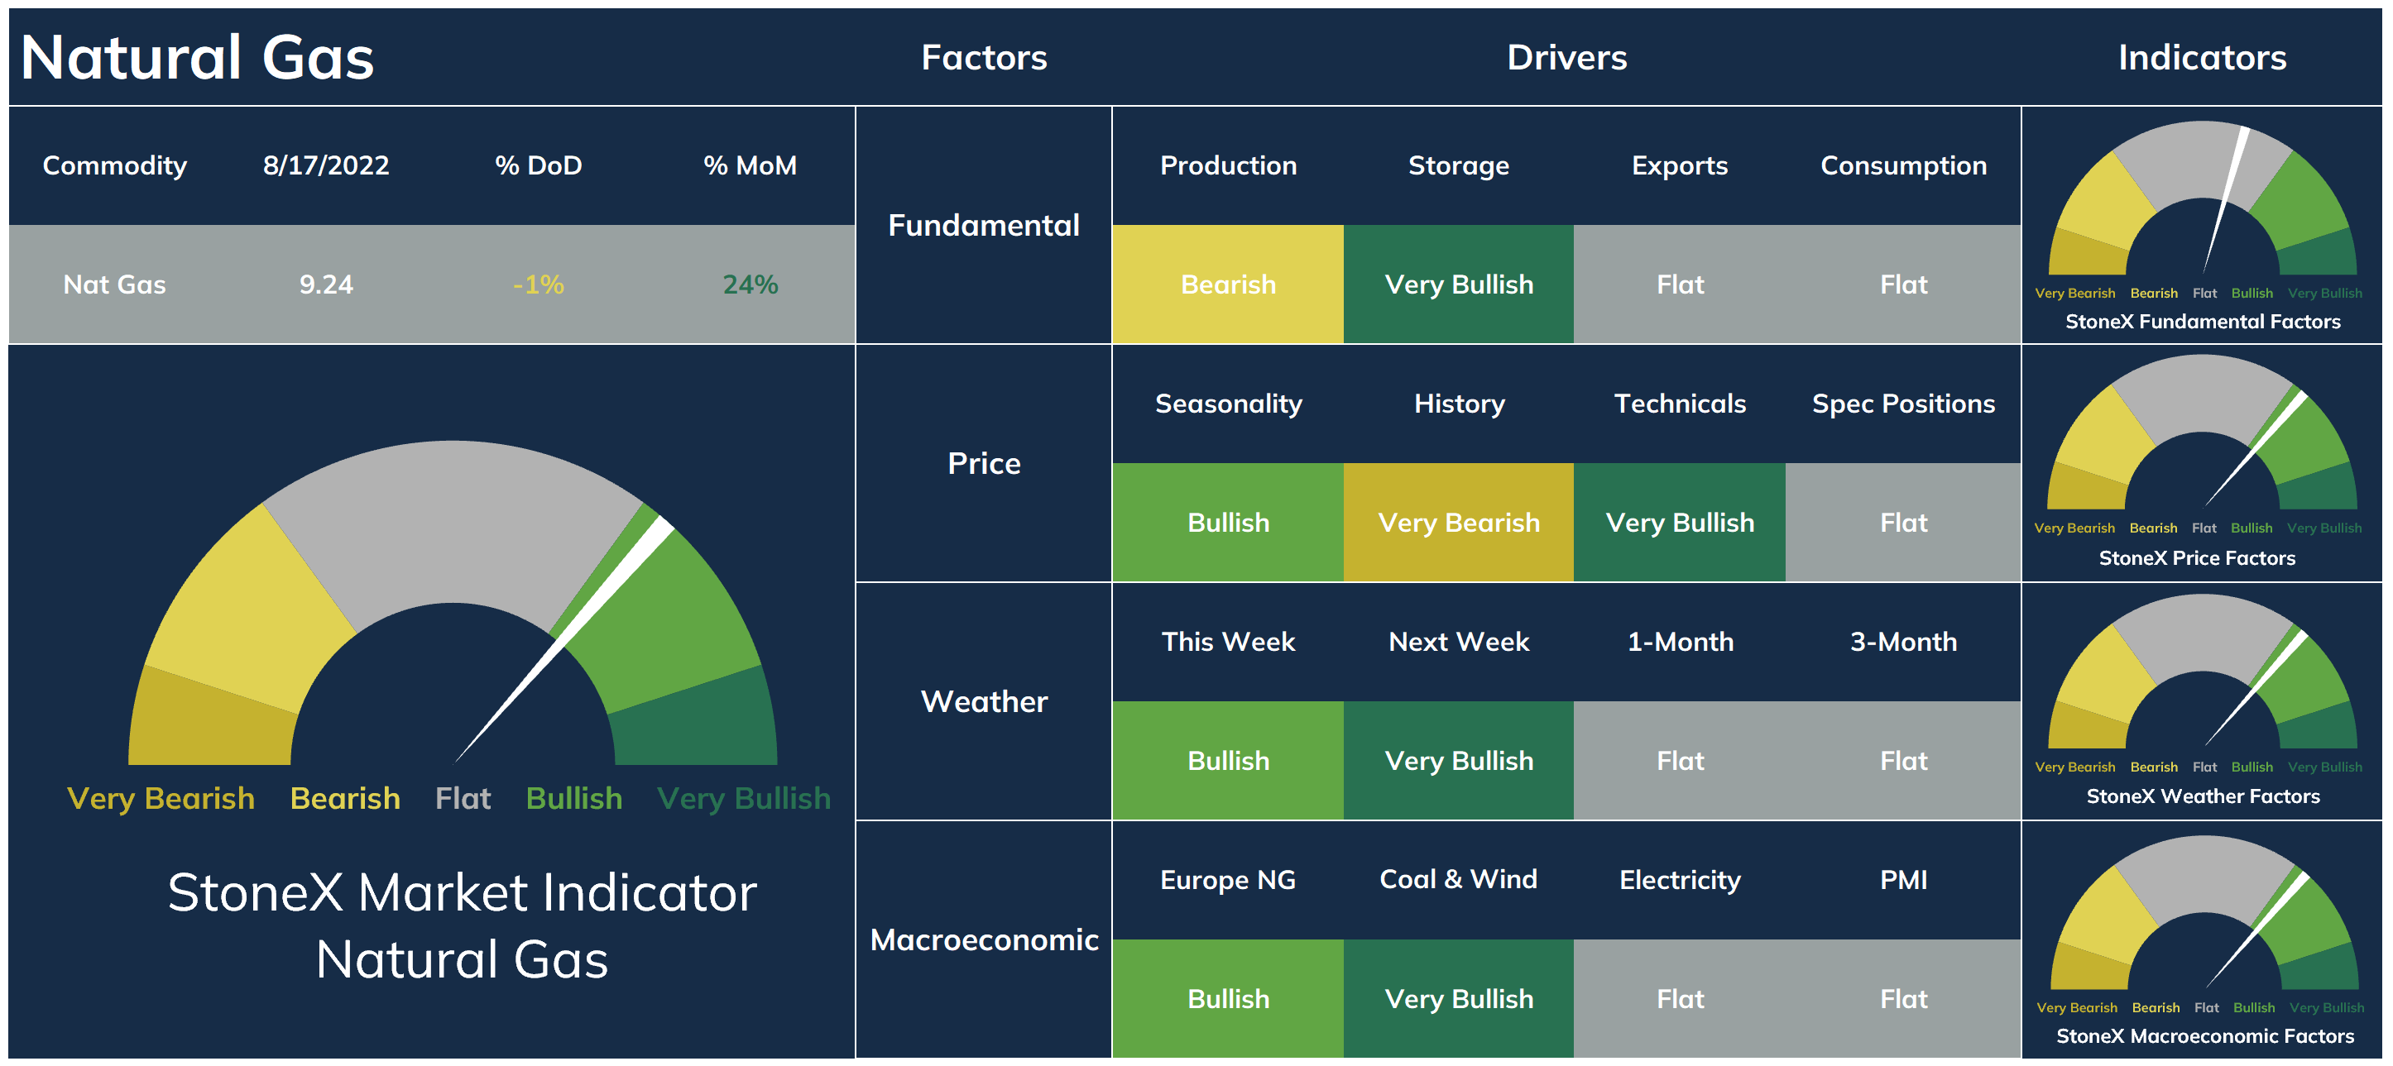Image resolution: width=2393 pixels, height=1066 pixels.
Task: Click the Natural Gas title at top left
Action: (197, 58)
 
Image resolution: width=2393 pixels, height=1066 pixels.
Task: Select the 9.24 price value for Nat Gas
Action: (326, 284)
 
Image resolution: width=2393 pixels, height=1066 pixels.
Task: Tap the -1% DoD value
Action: (539, 284)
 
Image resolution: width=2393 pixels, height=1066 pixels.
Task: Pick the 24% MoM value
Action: (751, 284)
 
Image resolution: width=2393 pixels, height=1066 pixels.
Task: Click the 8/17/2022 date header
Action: (326, 165)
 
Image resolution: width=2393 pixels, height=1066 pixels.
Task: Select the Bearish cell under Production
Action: (1228, 284)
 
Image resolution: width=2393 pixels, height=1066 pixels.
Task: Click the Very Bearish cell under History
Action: (1459, 523)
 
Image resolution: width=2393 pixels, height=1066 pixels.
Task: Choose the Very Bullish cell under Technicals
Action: (1680, 523)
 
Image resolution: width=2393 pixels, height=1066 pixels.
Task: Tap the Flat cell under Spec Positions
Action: (1903, 523)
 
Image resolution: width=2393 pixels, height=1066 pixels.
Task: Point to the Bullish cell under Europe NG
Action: (1228, 999)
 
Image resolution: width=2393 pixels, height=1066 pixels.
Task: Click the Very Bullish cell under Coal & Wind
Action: (1459, 999)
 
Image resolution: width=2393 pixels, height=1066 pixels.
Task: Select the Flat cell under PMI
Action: (1903, 999)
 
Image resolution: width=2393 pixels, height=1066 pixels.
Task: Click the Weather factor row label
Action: (984, 701)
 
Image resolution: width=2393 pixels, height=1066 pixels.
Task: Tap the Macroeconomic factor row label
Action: (984, 939)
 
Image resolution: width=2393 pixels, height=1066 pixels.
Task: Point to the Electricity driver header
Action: (1680, 880)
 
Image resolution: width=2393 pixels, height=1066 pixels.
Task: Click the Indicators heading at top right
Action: (2202, 58)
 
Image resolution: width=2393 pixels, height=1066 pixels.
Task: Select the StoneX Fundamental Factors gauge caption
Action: (2203, 321)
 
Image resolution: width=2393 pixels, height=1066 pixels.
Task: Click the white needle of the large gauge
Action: (563, 641)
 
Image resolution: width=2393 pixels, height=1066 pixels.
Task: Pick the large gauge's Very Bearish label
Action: (161, 799)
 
